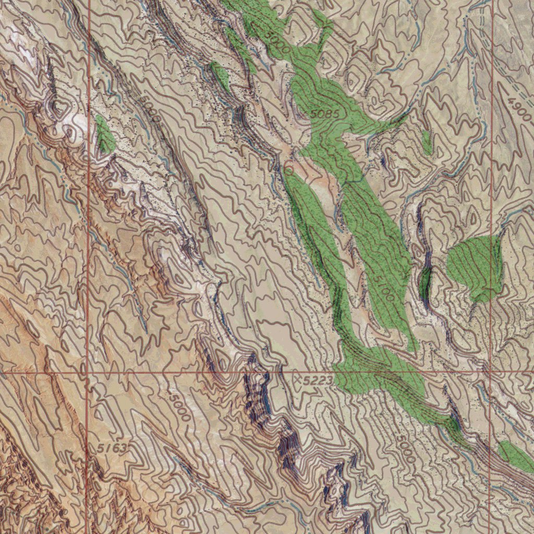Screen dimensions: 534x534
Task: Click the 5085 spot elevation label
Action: click(324, 113)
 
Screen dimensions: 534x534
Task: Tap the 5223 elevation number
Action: click(318, 382)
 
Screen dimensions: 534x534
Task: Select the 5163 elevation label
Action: click(112, 448)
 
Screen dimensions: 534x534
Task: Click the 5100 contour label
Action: click(383, 287)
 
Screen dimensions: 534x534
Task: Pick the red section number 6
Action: click(288, 168)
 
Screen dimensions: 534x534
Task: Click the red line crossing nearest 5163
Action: click(87, 373)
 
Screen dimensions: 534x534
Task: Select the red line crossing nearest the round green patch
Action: click(491, 372)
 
